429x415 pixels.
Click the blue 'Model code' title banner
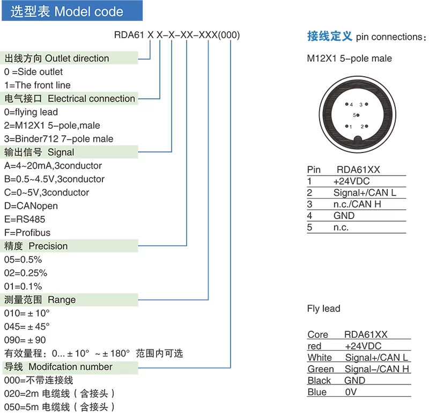coord(72,11)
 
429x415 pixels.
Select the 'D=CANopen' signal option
coord(31,206)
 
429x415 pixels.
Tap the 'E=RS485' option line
coord(25,219)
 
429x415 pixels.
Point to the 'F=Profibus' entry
coord(27,232)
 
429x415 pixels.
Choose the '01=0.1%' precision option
coord(23,286)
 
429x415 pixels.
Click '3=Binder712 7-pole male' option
coord(58,139)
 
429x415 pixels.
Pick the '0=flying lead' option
coord(31,112)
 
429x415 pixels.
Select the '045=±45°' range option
coord(27,326)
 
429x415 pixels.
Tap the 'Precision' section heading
coord(48,246)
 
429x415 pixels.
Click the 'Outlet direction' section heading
coord(77,59)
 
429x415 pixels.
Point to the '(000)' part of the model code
coord(229,35)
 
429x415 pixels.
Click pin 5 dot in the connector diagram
coord(358,115)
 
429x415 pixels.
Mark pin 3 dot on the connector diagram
coord(366,104)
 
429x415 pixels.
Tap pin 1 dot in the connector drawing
coord(346,126)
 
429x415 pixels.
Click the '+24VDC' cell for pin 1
coord(351,181)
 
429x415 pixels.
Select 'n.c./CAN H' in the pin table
coord(357,204)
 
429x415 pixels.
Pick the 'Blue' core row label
coord(317,392)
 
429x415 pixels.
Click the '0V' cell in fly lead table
coord(351,392)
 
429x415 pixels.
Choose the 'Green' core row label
coord(320,369)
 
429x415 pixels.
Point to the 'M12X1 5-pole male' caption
coord(350,59)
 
